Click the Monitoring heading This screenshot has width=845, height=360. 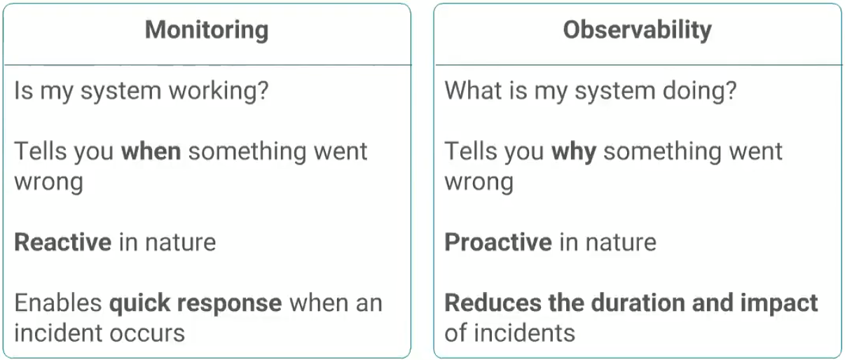(x=207, y=30)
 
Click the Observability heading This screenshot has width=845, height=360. (x=637, y=29)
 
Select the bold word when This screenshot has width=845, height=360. (x=151, y=151)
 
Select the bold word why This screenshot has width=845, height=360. (x=573, y=152)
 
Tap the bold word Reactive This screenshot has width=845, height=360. (x=62, y=242)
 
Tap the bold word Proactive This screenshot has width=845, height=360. (x=497, y=242)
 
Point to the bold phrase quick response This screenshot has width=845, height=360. (x=195, y=304)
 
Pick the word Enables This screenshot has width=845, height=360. (x=58, y=303)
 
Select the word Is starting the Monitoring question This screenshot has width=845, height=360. (x=23, y=92)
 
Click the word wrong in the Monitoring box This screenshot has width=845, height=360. (x=48, y=182)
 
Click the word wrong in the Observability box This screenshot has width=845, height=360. (x=479, y=182)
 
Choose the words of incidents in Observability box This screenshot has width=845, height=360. (x=509, y=333)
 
